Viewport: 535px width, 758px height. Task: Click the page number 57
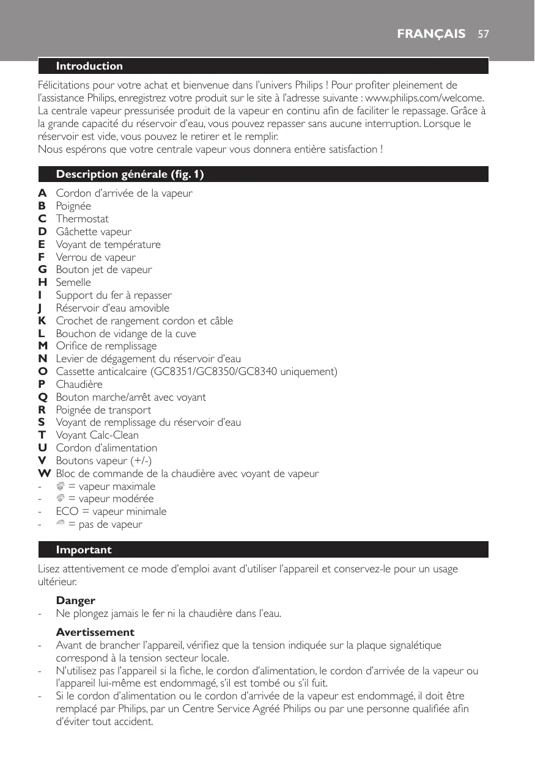click(484, 34)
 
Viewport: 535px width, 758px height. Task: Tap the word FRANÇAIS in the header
click(431, 34)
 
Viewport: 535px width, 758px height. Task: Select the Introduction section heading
click(89, 66)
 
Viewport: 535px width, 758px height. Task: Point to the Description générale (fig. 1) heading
click(130, 175)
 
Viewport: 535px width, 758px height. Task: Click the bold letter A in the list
click(42, 193)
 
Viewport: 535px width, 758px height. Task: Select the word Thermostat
click(83, 219)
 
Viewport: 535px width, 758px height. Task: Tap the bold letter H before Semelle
click(43, 282)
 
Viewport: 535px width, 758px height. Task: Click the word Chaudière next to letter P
click(79, 384)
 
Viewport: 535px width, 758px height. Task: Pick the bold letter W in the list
click(44, 473)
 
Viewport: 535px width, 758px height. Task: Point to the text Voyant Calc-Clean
click(97, 435)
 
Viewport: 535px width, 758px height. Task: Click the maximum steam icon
click(61, 486)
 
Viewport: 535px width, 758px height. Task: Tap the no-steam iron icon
click(61, 524)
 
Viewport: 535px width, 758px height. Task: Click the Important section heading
click(84, 550)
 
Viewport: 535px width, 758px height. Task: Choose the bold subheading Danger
click(75, 600)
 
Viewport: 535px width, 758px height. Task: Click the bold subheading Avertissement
click(95, 632)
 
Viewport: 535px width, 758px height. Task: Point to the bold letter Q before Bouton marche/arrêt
click(43, 397)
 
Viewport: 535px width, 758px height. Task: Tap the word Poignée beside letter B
click(73, 206)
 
